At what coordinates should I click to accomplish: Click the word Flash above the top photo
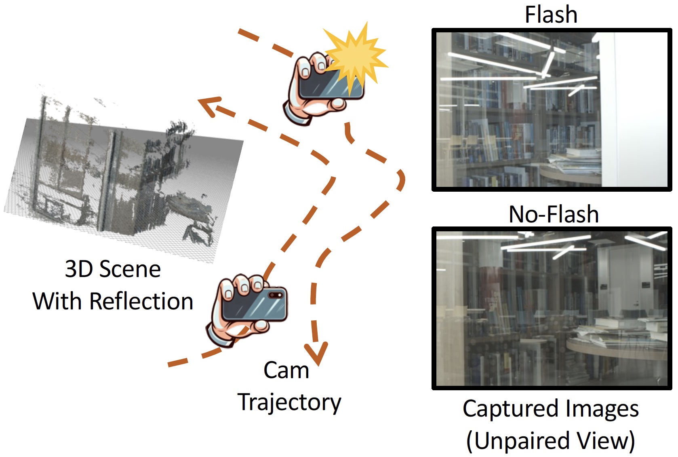click(551, 15)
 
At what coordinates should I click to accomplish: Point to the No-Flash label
click(554, 214)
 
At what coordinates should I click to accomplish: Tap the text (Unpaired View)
click(551, 440)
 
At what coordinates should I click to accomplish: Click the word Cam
click(286, 370)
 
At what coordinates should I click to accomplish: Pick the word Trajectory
click(289, 402)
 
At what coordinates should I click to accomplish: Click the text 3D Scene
click(113, 269)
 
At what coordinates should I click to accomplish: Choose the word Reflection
click(141, 301)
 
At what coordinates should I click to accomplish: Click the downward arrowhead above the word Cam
click(316, 353)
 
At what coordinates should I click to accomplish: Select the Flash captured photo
click(552, 109)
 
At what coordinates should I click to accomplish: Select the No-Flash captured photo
click(552, 308)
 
